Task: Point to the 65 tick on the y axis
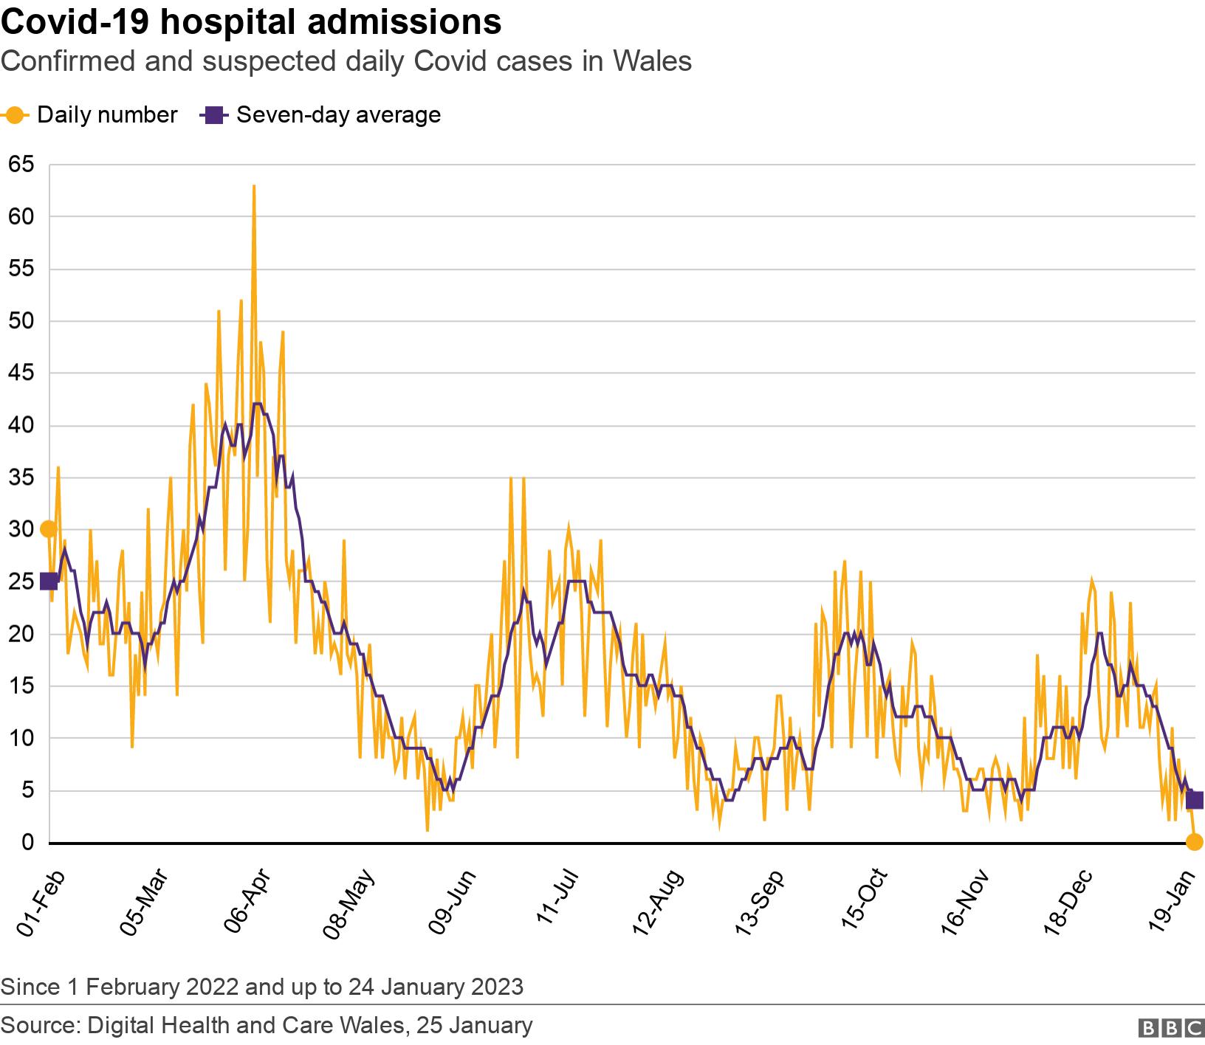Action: pyautogui.click(x=21, y=165)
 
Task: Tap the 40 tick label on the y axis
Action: pyautogui.click(x=21, y=426)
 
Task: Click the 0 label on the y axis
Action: pyautogui.click(x=28, y=843)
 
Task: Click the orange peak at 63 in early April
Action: pyautogui.click(x=254, y=187)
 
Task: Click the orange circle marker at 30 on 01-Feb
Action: pyautogui.click(x=48, y=529)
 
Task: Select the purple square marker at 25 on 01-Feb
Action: pyautogui.click(x=49, y=582)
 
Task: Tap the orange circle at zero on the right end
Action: pyautogui.click(x=1194, y=842)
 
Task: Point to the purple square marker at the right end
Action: pyautogui.click(x=1195, y=801)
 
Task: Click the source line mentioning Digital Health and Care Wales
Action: pyautogui.click(x=267, y=1026)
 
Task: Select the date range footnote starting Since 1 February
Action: pyautogui.click(x=262, y=987)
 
